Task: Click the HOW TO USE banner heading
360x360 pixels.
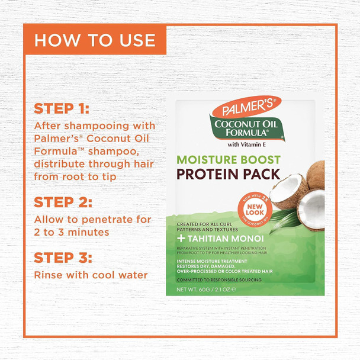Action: (95, 40)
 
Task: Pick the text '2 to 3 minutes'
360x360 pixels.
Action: (72, 232)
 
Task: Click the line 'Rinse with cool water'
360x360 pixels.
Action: (91, 275)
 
